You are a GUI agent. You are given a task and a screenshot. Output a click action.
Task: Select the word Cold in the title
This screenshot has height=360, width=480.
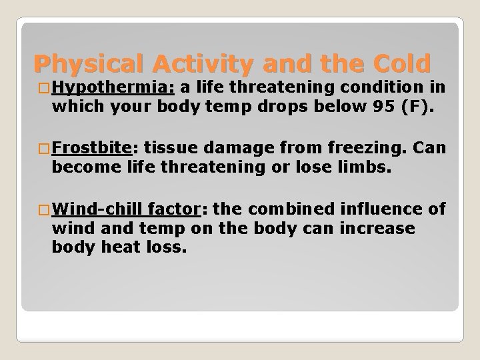[399, 64]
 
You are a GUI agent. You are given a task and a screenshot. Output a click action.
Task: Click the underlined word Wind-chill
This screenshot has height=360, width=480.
[102, 210]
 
